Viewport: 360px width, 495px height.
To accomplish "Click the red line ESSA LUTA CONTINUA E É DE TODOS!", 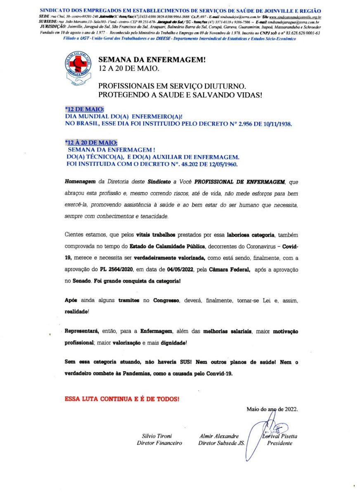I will click(122, 399).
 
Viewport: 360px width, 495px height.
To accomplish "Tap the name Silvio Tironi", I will click(157, 436).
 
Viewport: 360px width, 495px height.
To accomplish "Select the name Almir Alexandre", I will click(219, 436).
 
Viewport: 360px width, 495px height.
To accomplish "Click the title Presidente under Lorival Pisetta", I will click(279, 443).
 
